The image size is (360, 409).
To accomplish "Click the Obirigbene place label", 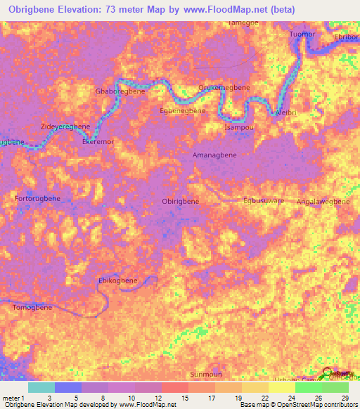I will pyautogui.click(x=180, y=202).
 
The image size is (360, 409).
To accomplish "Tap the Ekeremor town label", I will pyautogui.click(x=98, y=141).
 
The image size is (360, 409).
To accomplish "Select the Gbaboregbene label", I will pyautogui.click(x=120, y=91).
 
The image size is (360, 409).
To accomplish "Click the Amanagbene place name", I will pyautogui.click(x=214, y=155).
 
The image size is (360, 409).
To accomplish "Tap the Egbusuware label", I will pyautogui.click(x=264, y=201).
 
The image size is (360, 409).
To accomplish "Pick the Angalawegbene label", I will pyautogui.click(x=323, y=202).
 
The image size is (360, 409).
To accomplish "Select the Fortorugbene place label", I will pyautogui.click(x=37, y=199).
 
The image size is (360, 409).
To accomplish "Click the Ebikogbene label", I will pyautogui.click(x=117, y=280).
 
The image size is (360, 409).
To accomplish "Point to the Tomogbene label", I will pyautogui.click(x=32, y=308).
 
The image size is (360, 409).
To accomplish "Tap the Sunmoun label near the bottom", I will pyautogui.click(x=207, y=375).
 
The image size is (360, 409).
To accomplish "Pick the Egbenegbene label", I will pyautogui.click(x=183, y=110).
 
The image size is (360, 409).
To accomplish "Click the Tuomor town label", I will pyautogui.click(x=304, y=34).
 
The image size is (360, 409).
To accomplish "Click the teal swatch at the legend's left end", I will pyautogui.click(x=41, y=387).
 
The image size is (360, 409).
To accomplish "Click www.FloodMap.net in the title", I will pyautogui.click(x=219, y=9).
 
